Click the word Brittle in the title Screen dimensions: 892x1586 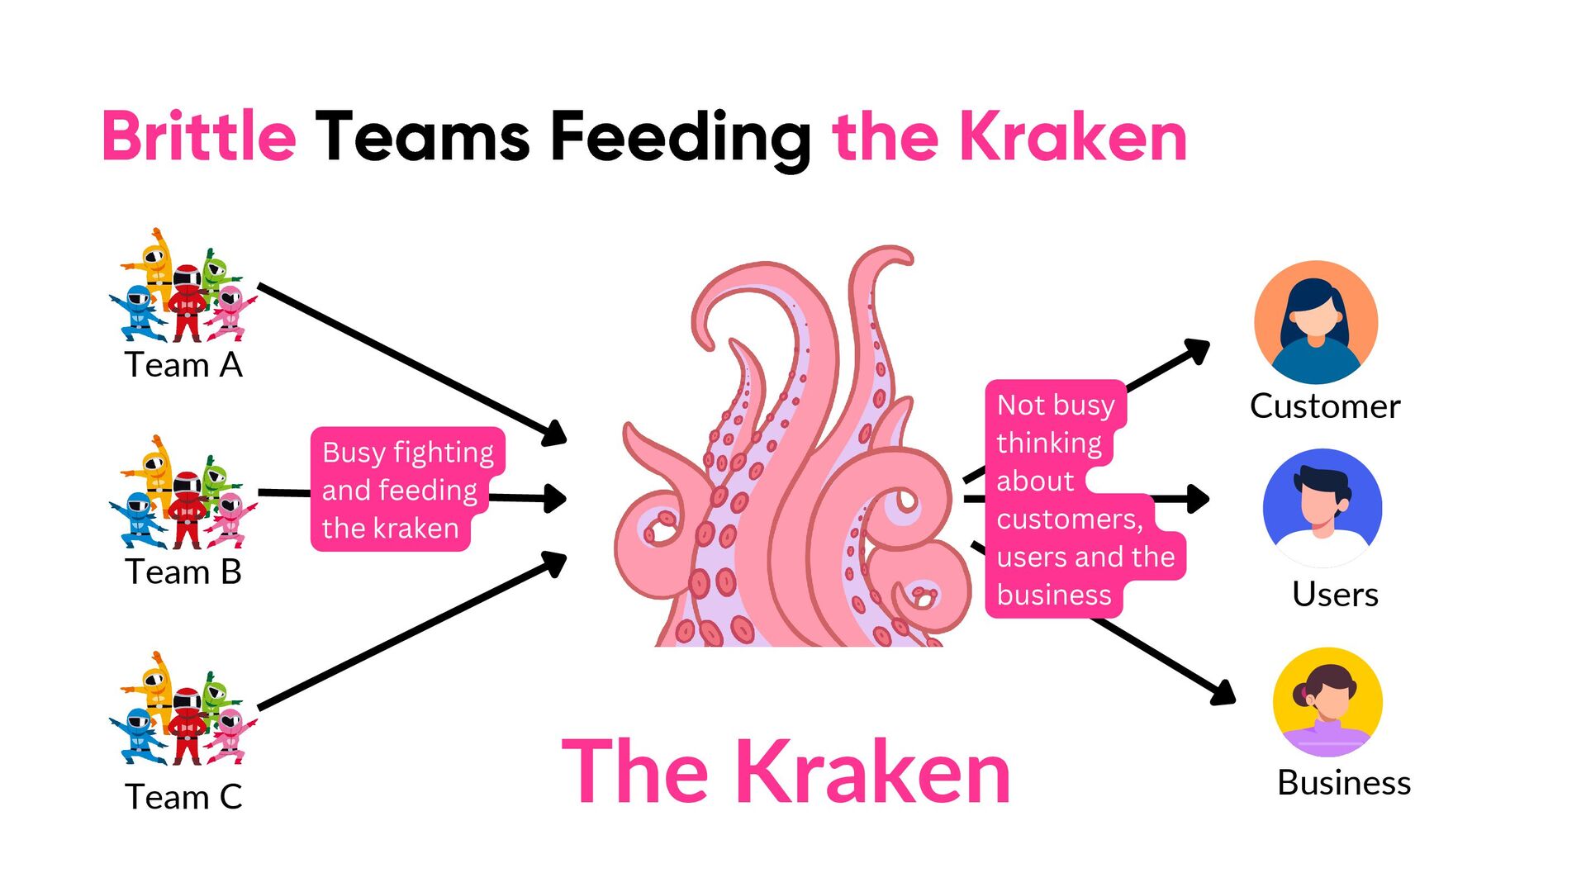pyautogui.click(x=198, y=136)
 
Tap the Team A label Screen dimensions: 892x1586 pyautogui.click(x=183, y=365)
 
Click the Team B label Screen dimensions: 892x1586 pyautogui.click(x=183, y=572)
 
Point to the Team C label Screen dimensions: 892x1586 pyautogui.click(x=183, y=797)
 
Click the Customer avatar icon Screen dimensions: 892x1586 pyautogui.click(x=1316, y=322)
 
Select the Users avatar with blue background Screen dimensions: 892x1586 pyautogui.click(x=1322, y=507)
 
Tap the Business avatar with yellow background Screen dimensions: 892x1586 pyautogui.click(x=1327, y=701)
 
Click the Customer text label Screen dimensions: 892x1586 pyautogui.click(x=1325, y=406)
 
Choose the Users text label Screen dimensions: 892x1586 pyautogui.click(x=1335, y=595)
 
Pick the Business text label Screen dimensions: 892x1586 pyautogui.click(x=1344, y=783)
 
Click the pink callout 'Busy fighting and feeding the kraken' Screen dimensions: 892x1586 pyautogui.click(x=406, y=490)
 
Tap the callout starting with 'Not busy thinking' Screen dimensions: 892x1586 pyautogui.click(x=1074, y=500)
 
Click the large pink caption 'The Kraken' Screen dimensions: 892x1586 pyautogui.click(x=786, y=772)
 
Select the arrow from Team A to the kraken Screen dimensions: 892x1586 pyautogui.click(x=405, y=359)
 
